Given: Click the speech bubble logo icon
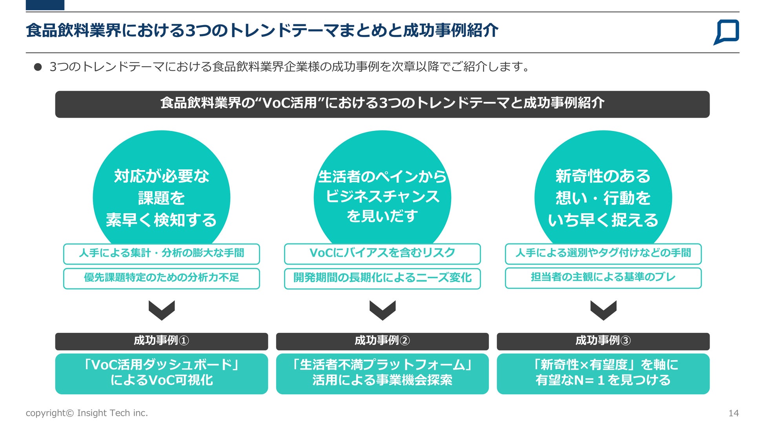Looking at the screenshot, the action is coord(726,32).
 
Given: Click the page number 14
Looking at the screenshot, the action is coord(733,413).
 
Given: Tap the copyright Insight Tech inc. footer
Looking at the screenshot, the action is coord(87,413).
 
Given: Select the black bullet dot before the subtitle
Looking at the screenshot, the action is coord(38,67).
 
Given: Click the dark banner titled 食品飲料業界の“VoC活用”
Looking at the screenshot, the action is coord(382,104).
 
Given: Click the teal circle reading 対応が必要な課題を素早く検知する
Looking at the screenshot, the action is coord(161,188).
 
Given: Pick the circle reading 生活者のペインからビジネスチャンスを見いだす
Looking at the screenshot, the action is coord(382,188).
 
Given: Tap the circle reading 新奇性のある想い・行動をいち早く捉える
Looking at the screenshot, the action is coord(603,188).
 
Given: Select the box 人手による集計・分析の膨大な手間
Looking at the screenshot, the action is coord(161,254).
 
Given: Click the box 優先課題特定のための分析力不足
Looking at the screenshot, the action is coord(161,278).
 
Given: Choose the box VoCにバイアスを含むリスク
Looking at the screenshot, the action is coord(382,254).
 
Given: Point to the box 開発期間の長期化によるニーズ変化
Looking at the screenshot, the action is coord(382,278).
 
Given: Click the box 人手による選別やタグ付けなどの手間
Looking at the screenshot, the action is coord(603,254).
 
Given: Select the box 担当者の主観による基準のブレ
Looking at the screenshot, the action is coord(603,278).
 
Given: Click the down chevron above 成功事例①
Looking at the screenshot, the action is coord(161,310).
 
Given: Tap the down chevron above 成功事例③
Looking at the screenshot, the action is coord(603,310).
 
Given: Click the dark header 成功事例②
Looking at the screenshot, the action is coord(382,341).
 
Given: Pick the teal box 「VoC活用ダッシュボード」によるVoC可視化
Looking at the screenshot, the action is coord(161,374).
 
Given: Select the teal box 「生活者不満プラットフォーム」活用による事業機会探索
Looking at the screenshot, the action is coord(382,374).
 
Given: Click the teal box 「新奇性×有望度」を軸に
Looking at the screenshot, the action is coord(603,374).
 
